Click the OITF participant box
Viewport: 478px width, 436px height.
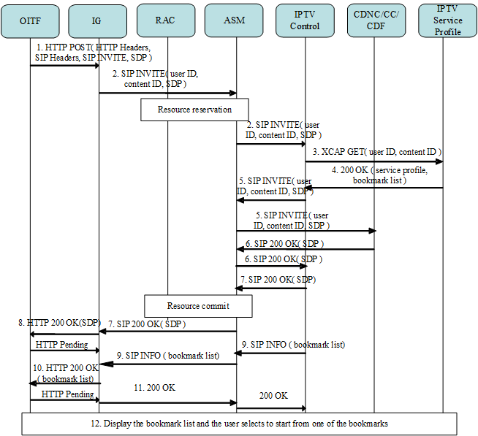pyautogui.click(x=30, y=20)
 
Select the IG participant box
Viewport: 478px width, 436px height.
pyautogui.click(x=99, y=20)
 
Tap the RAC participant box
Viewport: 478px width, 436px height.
pyautogui.click(x=167, y=20)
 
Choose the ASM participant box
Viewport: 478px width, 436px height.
pyautogui.click(x=235, y=20)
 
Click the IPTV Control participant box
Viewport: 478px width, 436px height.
pyautogui.click(x=305, y=20)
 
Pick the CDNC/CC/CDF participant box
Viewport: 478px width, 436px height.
pyautogui.click(x=373, y=20)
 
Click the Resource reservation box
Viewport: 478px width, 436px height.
pyautogui.click(x=194, y=110)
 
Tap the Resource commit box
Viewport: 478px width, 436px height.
pyautogui.click(x=198, y=306)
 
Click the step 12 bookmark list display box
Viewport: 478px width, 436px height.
pyautogui.click(x=239, y=424)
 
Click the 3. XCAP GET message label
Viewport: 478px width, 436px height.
pyautogui.click(x=377, y=151)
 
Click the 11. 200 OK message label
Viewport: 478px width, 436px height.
pyautogui.click(x=154, y=388)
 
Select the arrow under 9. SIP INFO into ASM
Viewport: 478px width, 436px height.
pyautogui.click(x=270, y=353)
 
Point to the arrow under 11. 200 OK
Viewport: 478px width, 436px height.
pyautogui.click(x=167, y=402)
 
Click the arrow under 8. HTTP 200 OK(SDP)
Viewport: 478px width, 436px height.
pyautogui.click(x=64, y=333)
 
